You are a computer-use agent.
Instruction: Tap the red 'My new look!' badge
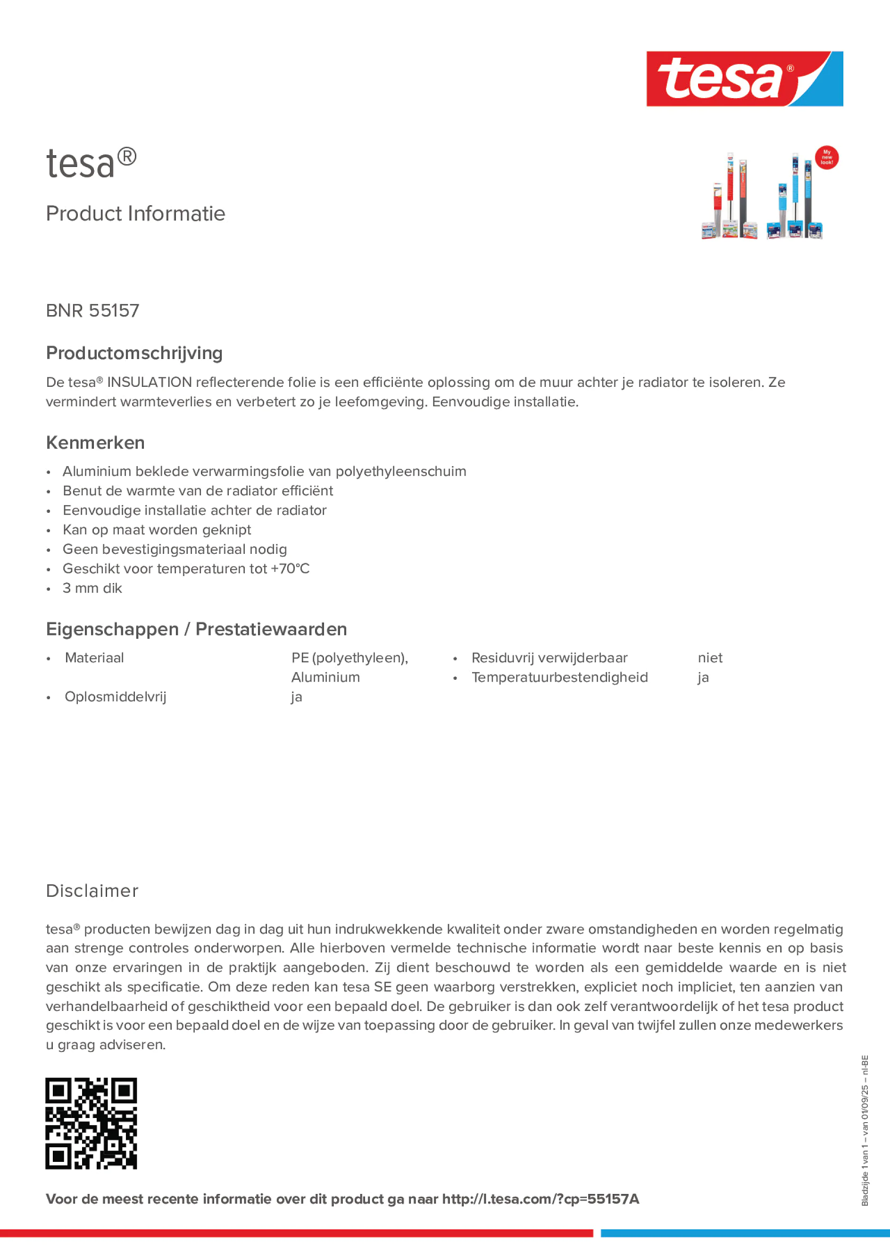(826, 158)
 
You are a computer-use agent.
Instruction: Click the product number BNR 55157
(93, 310)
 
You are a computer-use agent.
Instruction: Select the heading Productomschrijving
(134, 353)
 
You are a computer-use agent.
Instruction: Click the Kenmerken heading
(95, 442)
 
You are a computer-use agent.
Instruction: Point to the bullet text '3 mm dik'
(92, 588)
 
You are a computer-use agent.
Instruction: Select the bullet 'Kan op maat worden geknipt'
(157, 530)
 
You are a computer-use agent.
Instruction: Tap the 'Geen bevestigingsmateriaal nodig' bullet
(175, 549)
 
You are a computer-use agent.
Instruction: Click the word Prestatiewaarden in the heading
(271, 629)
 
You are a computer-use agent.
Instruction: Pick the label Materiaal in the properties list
(94, 658)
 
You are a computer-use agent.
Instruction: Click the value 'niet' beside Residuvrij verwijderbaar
(709, 658)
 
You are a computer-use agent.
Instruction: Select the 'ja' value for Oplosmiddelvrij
(296, 697)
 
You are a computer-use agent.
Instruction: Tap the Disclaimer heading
(92, 891)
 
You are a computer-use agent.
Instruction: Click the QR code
(91, 1123)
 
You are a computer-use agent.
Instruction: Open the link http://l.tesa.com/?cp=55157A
(541, 1199)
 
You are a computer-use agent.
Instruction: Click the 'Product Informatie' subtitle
(135, 214)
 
